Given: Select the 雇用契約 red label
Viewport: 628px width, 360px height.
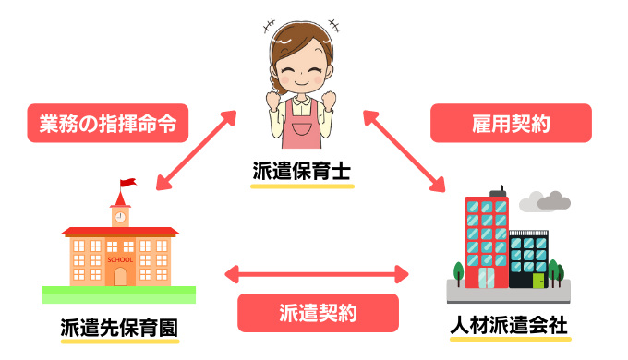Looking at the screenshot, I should (x=510, y=122).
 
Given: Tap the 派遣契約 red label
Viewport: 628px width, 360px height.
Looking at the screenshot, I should (x=318, y=312).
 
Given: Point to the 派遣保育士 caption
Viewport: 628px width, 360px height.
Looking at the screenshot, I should (x=302, y=172).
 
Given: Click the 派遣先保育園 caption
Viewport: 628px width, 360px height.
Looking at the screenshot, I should (x=119, y=327).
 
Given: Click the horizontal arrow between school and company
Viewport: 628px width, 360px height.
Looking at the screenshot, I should (x=318, y=273).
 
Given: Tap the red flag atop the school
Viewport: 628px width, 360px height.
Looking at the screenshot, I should (x=127, y=184).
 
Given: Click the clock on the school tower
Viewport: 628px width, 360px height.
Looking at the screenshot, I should (x=119, y=216).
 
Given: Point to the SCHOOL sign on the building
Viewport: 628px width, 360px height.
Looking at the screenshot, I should (x=119, y=259).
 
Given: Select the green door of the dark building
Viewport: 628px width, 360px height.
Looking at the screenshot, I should (x=538, y=278).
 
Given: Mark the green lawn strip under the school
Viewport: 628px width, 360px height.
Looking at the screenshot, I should (x=119, y=294).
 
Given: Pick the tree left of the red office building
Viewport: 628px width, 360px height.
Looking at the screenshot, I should (x=458, y=271).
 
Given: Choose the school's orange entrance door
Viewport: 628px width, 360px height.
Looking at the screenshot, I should (x=119, y=275).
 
